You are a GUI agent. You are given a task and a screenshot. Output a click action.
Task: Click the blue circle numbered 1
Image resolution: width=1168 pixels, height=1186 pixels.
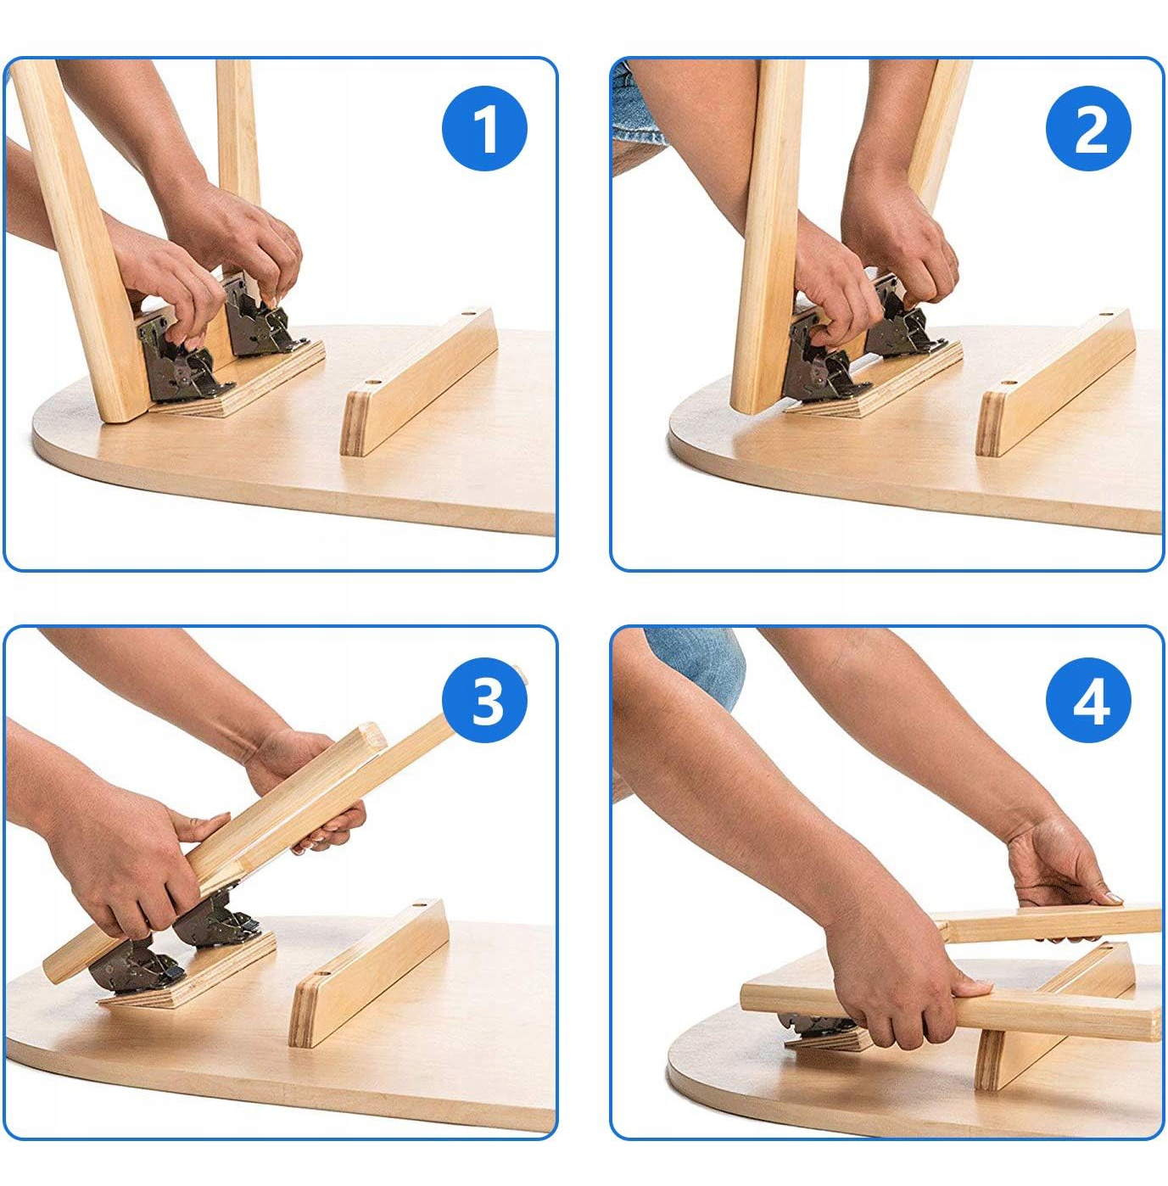(x=484, y=128)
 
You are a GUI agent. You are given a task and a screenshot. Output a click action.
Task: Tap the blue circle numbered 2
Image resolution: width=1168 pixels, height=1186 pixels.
(x=1088, y=128)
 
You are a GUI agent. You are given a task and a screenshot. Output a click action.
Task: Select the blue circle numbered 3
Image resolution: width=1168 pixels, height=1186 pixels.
(x=484, y=701)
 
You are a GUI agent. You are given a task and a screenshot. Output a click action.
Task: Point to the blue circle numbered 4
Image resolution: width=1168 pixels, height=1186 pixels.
(x=1088, y=701)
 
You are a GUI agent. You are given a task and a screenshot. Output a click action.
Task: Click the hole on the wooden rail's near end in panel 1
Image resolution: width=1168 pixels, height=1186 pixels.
(x=371, y=383)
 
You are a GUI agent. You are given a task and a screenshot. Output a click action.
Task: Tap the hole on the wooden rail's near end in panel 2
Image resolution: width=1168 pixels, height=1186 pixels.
(x=1007, y=383)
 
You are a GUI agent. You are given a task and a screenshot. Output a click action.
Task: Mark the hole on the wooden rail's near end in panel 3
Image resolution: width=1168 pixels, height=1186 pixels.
(x=322, y=976)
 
